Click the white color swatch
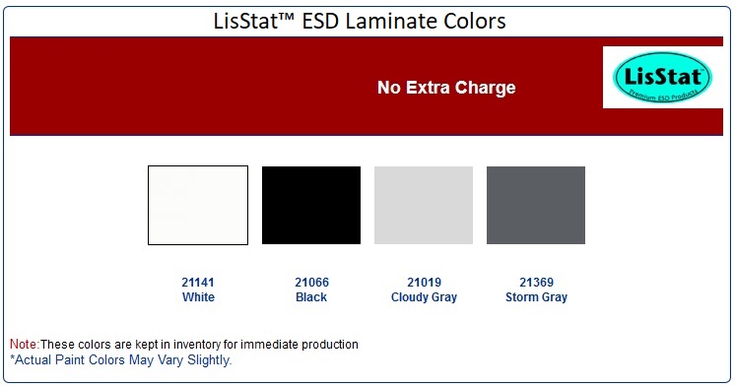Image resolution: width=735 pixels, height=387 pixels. [198, 205]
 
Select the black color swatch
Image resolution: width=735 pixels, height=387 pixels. [311, 205]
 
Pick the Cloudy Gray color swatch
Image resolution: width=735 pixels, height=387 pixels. [424, 205]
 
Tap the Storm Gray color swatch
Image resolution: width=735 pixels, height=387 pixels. [536, 205]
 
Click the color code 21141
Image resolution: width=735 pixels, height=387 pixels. [198, 283]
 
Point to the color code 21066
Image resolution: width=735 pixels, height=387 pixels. [311, 283]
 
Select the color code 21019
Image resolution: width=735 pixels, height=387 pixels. [424, 283]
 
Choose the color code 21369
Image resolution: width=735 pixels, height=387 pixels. [536, 283]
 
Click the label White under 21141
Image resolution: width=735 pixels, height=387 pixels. [198, 296]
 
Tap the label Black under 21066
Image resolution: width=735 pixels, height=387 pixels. [311, 296]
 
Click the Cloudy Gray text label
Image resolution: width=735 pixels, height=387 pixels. [424, 296]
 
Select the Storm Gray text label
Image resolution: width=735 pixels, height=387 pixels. [536, 296]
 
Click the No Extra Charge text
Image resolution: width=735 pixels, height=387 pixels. [446, 88]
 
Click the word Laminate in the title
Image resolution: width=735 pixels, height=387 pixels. [387, 20]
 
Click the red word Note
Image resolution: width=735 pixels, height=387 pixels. [23, 345]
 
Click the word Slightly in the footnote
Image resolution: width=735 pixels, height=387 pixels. [209, 359]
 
